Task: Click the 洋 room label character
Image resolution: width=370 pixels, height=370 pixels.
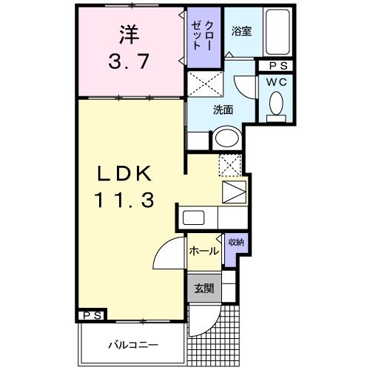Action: (x=129, y=34)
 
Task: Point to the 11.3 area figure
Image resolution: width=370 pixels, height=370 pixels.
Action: (x=123, y=199)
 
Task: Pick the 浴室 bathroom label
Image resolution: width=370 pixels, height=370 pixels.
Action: (x=240, y=31)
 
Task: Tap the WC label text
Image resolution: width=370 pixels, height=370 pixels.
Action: (x=277, y=81)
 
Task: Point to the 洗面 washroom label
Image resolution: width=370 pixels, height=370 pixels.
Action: (x=223, y=110)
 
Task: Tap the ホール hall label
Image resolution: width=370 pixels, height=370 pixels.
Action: (x=203, y=251)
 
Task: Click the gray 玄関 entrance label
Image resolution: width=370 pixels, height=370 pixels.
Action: (x=203, y=287)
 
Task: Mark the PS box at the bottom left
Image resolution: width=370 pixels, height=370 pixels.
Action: (x=92, y=316)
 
